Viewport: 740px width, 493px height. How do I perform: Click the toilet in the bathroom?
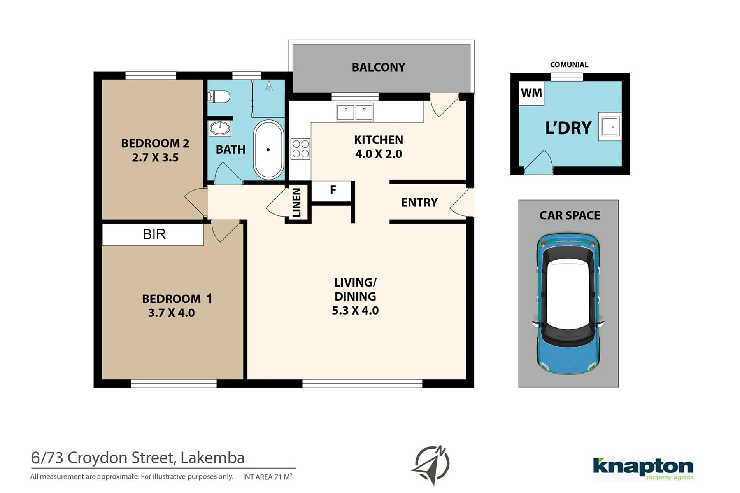219,96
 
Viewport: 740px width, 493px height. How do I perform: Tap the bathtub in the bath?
268,150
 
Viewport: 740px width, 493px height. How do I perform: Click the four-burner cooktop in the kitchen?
300,149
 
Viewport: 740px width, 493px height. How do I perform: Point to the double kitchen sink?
355,112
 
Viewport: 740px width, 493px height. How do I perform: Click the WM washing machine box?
531,93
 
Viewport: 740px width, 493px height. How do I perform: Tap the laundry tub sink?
610,127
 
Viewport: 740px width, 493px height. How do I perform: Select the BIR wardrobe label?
154,234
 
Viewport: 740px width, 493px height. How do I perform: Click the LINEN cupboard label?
297,203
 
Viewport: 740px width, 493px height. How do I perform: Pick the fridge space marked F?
333,190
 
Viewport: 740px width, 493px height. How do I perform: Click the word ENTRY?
419,203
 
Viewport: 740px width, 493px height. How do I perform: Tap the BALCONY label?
379,67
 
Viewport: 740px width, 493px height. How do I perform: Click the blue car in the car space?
568,304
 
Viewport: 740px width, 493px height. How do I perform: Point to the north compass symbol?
431,465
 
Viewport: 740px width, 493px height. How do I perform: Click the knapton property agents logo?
643,469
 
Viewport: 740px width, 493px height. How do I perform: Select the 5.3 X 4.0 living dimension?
355,311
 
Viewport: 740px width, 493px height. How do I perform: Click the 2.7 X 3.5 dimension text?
155,157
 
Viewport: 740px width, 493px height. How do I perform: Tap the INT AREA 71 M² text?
268,477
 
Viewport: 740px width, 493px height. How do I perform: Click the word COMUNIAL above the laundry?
569,65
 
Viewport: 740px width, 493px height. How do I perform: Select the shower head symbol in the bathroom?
269,86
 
